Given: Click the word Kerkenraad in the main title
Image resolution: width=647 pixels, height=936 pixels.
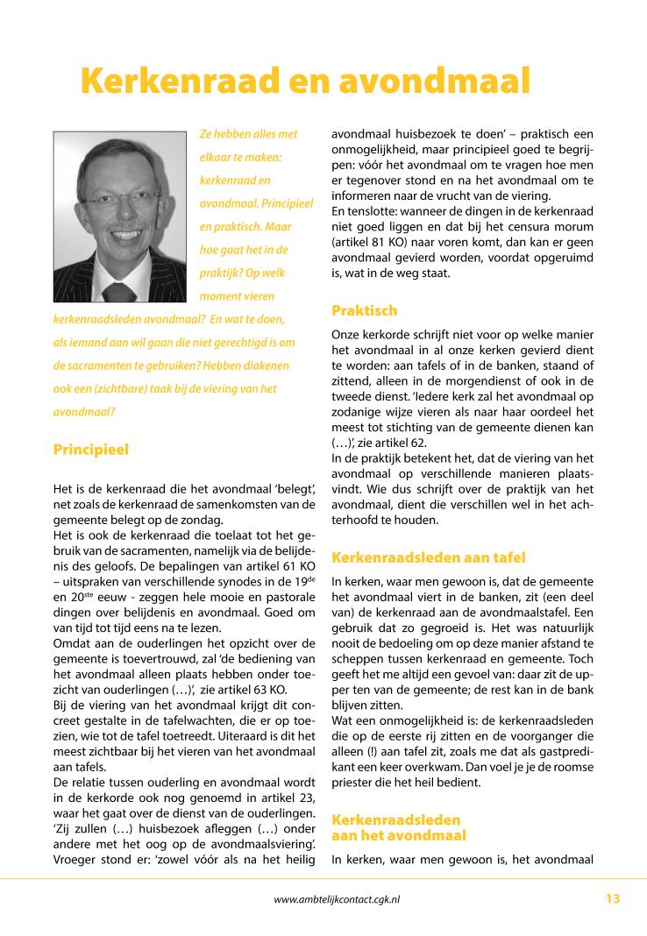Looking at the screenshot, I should (x=181, y=81).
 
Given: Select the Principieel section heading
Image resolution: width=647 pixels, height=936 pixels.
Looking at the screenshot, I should (x=90, y=450).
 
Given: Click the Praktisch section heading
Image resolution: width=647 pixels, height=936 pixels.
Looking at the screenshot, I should (x=364, y=310).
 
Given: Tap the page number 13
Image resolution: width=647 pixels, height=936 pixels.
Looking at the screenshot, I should (x=612, y=898).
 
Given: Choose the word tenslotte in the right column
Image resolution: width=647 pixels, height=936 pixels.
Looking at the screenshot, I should (x=371, y=210).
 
